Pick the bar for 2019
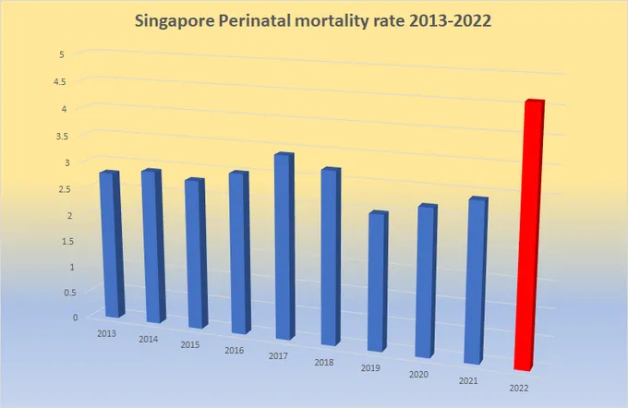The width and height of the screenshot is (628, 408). click(377, 282)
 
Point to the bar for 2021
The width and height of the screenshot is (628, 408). click(474, 281)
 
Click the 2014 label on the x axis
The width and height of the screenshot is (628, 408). click(148, 339)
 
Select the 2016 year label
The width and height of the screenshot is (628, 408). click(234, 352)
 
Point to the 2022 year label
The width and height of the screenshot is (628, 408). click(519, 388)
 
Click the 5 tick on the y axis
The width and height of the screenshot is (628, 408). click(61, 54)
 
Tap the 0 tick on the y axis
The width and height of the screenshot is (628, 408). click(61, 318)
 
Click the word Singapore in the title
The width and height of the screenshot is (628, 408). click(180, 19)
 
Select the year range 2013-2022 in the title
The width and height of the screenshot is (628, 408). click(448, 19)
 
